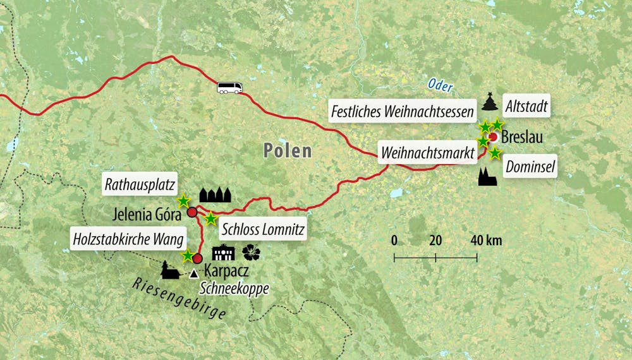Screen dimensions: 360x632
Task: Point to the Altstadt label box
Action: pos(526,105)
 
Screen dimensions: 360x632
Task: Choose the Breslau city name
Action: pos(522,136)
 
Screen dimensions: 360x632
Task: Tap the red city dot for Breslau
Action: pos(493,136)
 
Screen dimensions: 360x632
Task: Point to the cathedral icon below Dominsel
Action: pos(487,177)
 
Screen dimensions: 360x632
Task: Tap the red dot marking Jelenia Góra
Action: pos(191,213)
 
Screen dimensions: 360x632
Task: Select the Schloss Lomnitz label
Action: pos(265,229)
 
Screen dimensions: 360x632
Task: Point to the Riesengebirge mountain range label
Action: pos(179,299)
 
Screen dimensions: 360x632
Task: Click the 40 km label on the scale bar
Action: pos(486,240)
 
